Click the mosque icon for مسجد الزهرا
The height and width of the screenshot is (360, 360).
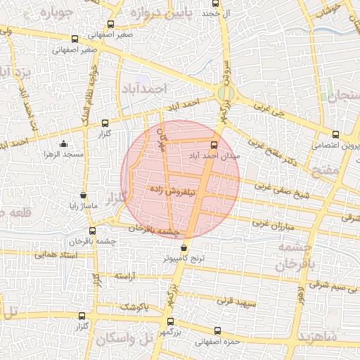(x=64, y=143)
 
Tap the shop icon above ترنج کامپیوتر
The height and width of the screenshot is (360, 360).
(x=184, y=248)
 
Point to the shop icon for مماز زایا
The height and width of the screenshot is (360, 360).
(x=84, y=195)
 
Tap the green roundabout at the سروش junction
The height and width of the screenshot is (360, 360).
(x=225, y=94)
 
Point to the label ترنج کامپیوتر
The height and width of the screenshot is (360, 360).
(x=184, y=259)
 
